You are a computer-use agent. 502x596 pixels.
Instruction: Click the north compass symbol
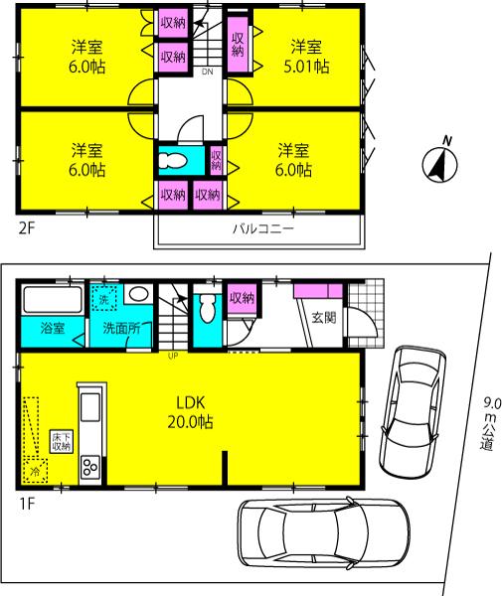438,163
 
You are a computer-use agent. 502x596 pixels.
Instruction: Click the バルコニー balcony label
261,227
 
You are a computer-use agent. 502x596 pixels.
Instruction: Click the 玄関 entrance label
324,319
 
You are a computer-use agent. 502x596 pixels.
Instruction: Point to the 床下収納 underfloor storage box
60,441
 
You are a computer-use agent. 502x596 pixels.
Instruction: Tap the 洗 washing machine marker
104,297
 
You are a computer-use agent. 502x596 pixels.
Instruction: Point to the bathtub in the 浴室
51,299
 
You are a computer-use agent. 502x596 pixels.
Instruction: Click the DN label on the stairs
207,73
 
